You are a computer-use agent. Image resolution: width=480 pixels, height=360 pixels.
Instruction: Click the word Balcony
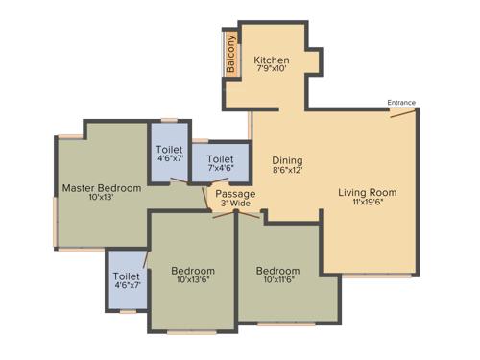point(230,54)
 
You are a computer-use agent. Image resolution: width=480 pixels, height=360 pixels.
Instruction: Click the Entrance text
point(401,102)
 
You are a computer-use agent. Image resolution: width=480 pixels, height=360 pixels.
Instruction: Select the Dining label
point(287,160)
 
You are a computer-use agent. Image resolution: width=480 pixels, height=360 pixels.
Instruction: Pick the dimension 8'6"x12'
point(287,171)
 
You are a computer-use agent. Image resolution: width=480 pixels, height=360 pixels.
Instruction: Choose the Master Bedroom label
point(102,187)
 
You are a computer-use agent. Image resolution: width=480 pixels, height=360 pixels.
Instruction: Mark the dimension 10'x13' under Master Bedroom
point(102,198)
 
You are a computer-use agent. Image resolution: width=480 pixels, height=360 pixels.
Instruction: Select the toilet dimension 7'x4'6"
point(221,169)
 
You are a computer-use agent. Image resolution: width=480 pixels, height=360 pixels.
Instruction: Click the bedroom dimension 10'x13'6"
point(193,280)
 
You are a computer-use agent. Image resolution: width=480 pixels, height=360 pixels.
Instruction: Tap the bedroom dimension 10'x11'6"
point(277,280)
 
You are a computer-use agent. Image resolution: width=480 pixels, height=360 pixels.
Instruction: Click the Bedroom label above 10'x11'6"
point(277,270)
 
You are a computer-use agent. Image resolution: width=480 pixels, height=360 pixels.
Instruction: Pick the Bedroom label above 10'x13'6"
point(193,270)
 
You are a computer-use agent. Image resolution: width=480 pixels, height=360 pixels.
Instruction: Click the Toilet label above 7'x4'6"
point(221,158)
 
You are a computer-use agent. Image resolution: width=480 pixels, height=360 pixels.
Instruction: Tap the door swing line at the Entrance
point(404,112)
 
